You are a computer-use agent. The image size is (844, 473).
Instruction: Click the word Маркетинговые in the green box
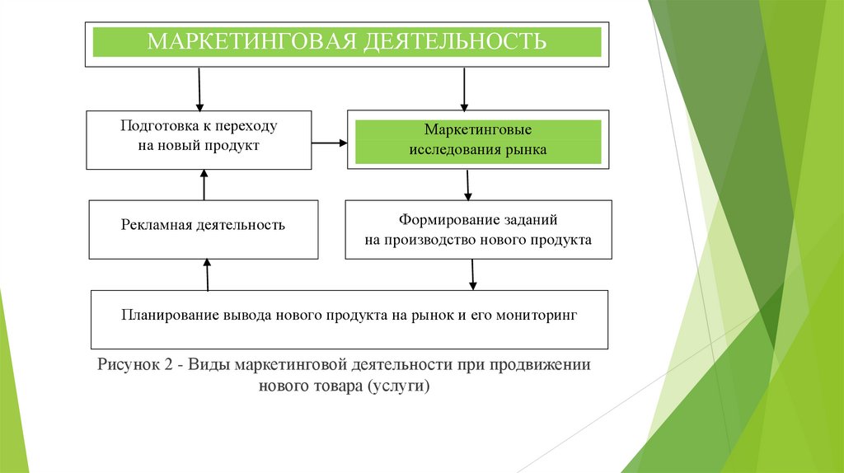point(477,131)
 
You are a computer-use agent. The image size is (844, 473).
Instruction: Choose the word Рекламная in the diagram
point(156,225)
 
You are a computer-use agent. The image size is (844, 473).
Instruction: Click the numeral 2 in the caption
point(166,364)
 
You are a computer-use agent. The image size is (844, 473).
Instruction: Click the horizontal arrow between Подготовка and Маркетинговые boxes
point(330,143)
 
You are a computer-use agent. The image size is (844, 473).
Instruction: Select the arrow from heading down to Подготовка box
point(199,88)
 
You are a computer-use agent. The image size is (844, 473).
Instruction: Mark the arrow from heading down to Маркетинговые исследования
point(464,88)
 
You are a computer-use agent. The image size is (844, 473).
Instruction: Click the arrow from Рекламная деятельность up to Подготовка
point(204,185)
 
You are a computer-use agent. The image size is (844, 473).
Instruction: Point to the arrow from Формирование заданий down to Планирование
point(472,274)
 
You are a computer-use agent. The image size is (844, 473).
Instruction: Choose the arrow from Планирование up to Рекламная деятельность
point(207,274)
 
